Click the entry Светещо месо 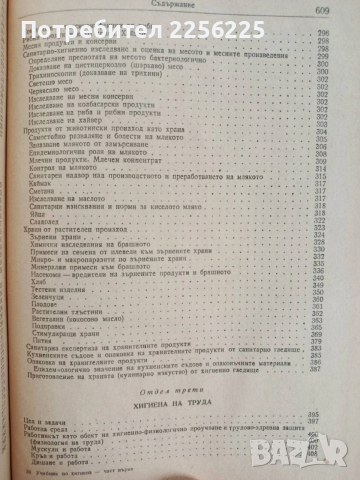[x=63, y=108]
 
